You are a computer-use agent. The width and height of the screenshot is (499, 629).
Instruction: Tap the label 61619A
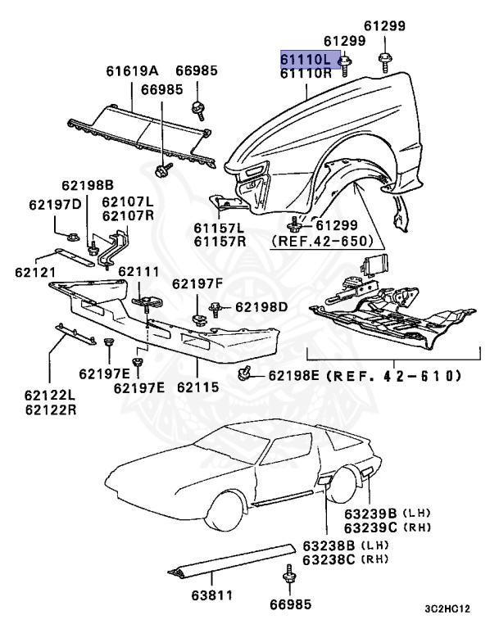pyautogui.click(x=132, y=71)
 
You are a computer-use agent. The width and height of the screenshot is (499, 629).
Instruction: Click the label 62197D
pyautogui.click(x=55, y=205)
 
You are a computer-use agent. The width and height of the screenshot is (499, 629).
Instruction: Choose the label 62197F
pyautogui.click(x=197, y=283)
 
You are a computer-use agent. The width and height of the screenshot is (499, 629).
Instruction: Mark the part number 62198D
pyautogui.click(x=261, y=307)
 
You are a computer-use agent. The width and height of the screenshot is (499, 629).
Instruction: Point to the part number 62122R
pyautogui.click(x=50, y=407)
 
